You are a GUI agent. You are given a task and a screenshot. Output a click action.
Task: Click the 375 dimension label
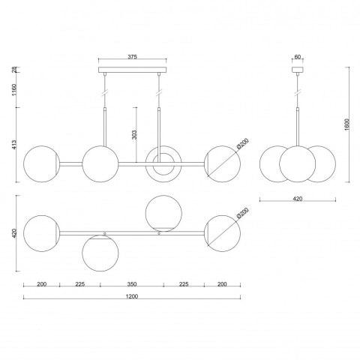[x=132, y=57]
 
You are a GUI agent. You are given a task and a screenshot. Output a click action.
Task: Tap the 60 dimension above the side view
[x=298, y=57]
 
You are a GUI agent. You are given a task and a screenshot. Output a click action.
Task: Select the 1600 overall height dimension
[x=346, y=124]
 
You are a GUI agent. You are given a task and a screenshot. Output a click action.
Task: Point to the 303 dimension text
[x=134, y=135]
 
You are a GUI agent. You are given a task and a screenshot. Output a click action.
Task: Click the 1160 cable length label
[x=14, y=90]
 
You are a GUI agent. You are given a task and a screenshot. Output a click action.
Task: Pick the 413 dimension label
[x=14, y=145]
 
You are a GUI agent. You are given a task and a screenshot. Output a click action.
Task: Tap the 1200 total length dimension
[x=132, y=296]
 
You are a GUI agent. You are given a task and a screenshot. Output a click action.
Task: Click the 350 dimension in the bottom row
[x=132, y=284]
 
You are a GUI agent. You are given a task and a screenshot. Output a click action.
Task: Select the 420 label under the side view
[x=298, y=199]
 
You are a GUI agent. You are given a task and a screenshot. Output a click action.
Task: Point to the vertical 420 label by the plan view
[x=14, y=233]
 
